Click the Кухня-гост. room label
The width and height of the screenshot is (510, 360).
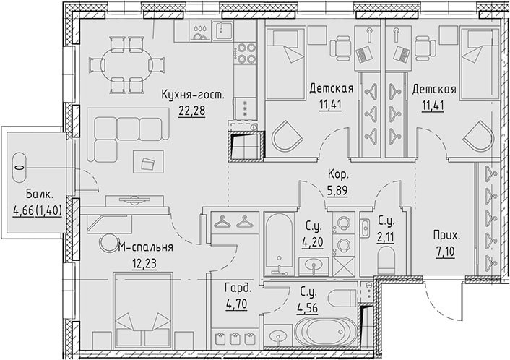(193, 95)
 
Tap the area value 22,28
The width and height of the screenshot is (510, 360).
(192, 111)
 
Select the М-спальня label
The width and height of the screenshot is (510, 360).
(145, 247)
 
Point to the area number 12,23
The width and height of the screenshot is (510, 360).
(144, 264)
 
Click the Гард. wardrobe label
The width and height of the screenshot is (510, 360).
(238, 288)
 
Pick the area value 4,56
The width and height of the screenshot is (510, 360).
(307, 308)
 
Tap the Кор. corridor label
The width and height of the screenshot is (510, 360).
(338, 174)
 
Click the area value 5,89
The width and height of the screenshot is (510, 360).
(337, 190)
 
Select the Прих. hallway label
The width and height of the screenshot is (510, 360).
(446, 236)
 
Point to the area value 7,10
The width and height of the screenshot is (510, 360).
(446, 252)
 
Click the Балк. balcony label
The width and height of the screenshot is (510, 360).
(39, 194)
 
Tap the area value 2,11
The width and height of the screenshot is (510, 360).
(386, 236)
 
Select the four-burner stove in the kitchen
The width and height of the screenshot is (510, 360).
(246, 53)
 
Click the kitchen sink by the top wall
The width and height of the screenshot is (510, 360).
(222, 30)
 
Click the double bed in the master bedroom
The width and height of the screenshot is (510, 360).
(143, 310)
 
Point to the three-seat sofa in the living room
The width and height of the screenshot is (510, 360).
(128, 134)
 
